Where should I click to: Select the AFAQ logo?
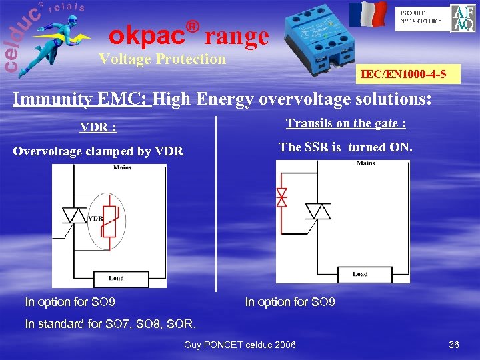(x=463, y=18)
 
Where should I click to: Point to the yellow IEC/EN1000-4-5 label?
(x=409, y=74)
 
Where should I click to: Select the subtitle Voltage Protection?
(x=162, y=59)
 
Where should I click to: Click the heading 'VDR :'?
(x=98, y=127)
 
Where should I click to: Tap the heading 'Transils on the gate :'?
(x=346, y=123)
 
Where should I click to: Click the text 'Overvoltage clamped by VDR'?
(x=98, y=151)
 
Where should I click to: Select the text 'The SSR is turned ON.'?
(x=345, y=147)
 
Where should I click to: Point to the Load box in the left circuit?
(x=117, y=278)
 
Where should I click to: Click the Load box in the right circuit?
(x=361, y=274)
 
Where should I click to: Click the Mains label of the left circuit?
(x=122, y=168)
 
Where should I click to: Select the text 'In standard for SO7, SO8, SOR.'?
(x=111, y=325)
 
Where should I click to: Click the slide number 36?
(x=454, y=345)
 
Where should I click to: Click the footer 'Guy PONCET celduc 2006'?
(x=240, y=345)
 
